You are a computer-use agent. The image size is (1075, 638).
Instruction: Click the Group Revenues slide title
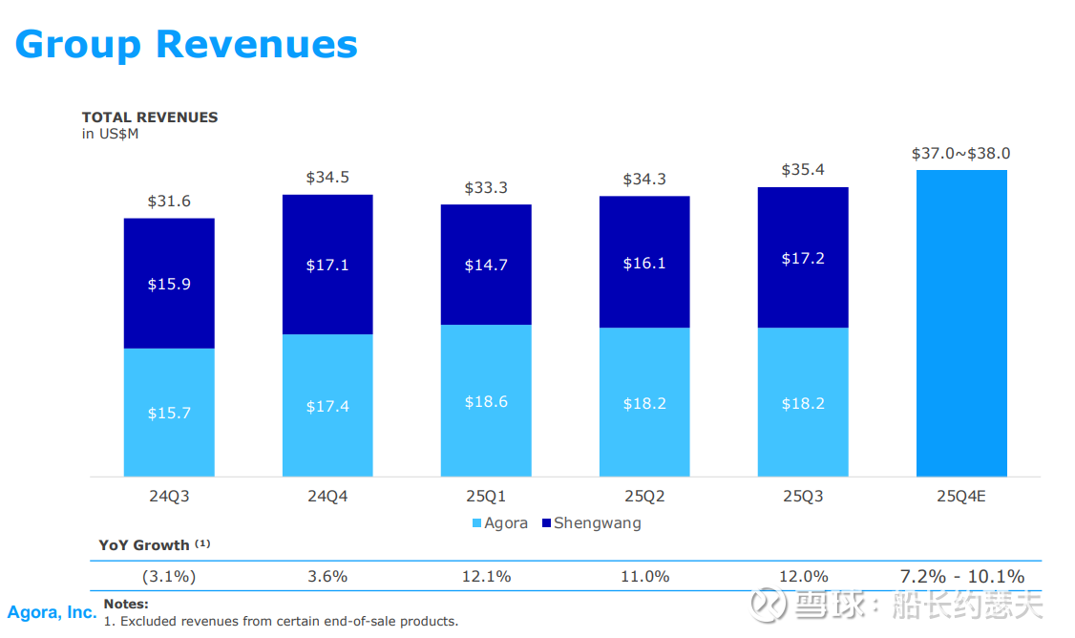(x=186, y=44)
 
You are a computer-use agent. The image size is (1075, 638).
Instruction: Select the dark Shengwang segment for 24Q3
(x=169, y=284)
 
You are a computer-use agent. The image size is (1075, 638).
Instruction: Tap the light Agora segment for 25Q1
(x=486, y=401)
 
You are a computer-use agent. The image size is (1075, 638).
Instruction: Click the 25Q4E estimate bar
(x=961, y=323)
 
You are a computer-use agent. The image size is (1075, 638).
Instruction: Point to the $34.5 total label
(x=327, y=178)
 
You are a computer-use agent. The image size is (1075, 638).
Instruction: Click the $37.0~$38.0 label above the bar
(x=961, y=153)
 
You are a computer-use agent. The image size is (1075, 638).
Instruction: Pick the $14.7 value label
(x=486, y=266)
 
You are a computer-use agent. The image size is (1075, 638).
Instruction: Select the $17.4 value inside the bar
(x=327, y=407)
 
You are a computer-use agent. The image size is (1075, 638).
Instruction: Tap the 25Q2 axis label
(x=644, y=497)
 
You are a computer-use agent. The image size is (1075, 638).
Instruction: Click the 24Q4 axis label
(x=327, y=497)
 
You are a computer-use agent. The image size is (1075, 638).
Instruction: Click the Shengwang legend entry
(x=591, y=523)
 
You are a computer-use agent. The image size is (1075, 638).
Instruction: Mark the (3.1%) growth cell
(x=169, y=577)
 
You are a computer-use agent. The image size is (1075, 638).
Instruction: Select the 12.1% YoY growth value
(x=486, y=577)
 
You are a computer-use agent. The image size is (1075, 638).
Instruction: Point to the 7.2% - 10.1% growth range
(x=961, y=577)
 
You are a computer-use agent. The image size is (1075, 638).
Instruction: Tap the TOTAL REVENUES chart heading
(x=150, y=117)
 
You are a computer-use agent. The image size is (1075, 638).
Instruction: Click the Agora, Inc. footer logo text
(x=52, y=612)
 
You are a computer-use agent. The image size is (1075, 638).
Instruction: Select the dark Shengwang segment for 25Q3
(x=803, y=258)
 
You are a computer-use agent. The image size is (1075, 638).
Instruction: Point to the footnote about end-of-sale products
(x=281, y=622)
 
